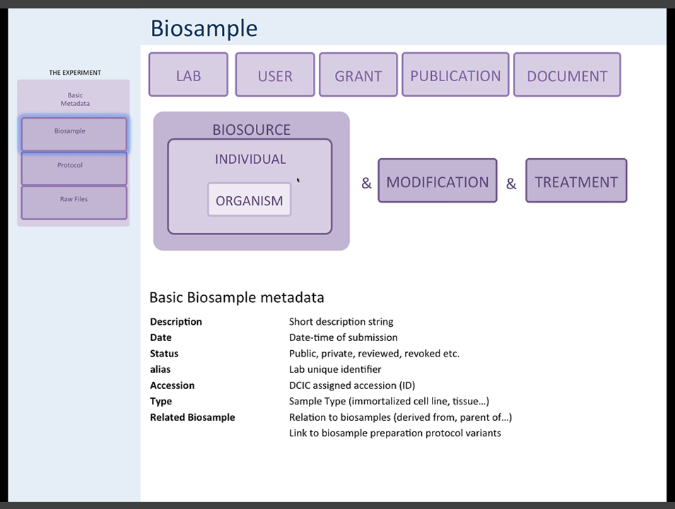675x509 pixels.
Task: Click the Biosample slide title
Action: (204, 28)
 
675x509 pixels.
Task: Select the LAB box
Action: (188, 75)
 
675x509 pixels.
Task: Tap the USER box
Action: (275, 75)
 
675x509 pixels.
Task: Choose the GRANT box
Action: (358, 75)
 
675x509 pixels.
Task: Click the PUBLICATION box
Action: (455, 75)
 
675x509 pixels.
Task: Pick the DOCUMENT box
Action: (567, 75)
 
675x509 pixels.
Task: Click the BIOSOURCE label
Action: (251, 130)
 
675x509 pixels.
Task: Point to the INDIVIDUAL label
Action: (250, 160)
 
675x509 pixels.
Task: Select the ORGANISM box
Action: (249, 200)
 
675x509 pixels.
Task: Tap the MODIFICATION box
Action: (438, 181)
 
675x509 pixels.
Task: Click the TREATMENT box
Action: (576, 181)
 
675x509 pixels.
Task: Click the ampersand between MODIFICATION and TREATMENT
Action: (511, 184)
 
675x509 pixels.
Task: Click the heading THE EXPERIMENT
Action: (75, 73)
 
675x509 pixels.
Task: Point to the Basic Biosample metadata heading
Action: (237, 297)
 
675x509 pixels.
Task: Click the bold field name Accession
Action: (172, 385)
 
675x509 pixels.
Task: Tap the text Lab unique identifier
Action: (335, 369)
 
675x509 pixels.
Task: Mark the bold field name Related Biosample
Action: (192, 417)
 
